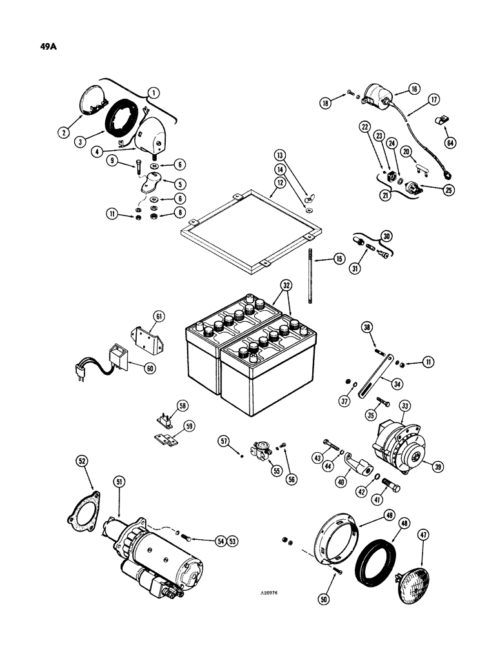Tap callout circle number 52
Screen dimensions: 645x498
click(82, 462)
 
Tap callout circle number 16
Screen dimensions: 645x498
click(413, 90)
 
